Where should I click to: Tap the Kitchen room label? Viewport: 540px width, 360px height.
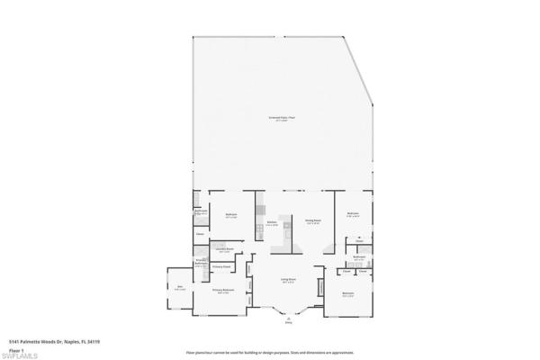pos(271,222)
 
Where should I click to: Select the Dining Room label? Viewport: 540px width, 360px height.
pos(312,220)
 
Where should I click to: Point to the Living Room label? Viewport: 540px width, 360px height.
pos(288,281)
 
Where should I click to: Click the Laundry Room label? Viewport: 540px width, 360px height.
pos(224,247)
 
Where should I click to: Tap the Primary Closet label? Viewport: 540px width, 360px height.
pos(221,266)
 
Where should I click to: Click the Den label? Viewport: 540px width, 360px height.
pos(180,288)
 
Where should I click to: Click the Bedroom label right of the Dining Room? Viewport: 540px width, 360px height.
pos(353,214)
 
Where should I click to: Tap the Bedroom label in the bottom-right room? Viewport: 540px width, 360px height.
pos(348,294)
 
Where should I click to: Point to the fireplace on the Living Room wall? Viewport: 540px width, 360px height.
pos(320,288)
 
